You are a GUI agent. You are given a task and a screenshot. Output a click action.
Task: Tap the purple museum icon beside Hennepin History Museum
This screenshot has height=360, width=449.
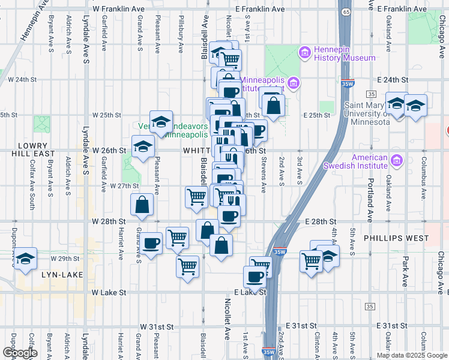pyautogui.click(x=304, y=53)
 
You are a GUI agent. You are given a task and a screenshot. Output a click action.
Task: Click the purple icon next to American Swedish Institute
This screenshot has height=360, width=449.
pyautogui.click(x=396, y=160)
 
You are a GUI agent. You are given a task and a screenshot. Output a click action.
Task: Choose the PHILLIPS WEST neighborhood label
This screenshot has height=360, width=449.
pyautogui.click(x=396, y=238)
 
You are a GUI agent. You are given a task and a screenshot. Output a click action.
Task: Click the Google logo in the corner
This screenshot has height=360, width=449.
pyautogui.click(x=19, y=353)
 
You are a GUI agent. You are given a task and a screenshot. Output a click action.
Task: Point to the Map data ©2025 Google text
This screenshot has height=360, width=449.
pyautogui.click(x=412, y=355)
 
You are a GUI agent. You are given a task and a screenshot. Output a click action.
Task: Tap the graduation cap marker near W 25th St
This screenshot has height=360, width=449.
pyautogui.click(x=160, y=122)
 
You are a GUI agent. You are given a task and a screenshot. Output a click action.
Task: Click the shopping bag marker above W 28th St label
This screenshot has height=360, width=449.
pyautogui.click(x=143, y=205)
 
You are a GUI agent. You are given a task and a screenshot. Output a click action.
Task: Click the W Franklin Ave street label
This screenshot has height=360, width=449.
pyautogui.click(x=119, y=10)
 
